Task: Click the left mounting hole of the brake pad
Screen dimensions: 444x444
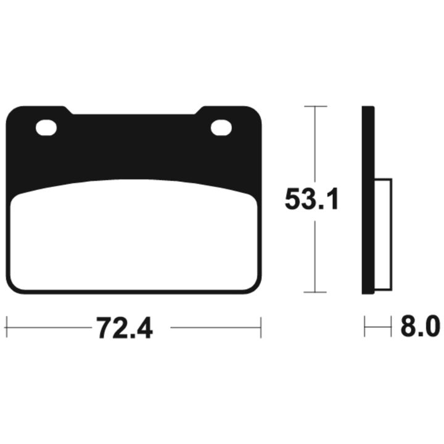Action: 46,128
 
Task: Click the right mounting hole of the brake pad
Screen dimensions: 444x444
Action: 221,127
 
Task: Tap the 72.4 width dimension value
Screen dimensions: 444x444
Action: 125,328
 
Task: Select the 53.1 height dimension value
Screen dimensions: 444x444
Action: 311,199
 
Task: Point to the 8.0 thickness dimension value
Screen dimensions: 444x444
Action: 420,326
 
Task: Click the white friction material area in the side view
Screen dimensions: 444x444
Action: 384,234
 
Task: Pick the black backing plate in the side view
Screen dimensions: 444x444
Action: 368,200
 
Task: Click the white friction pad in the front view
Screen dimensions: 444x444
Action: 134,235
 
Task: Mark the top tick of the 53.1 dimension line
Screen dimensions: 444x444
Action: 316,106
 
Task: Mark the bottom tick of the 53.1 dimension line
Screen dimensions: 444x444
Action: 315,292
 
